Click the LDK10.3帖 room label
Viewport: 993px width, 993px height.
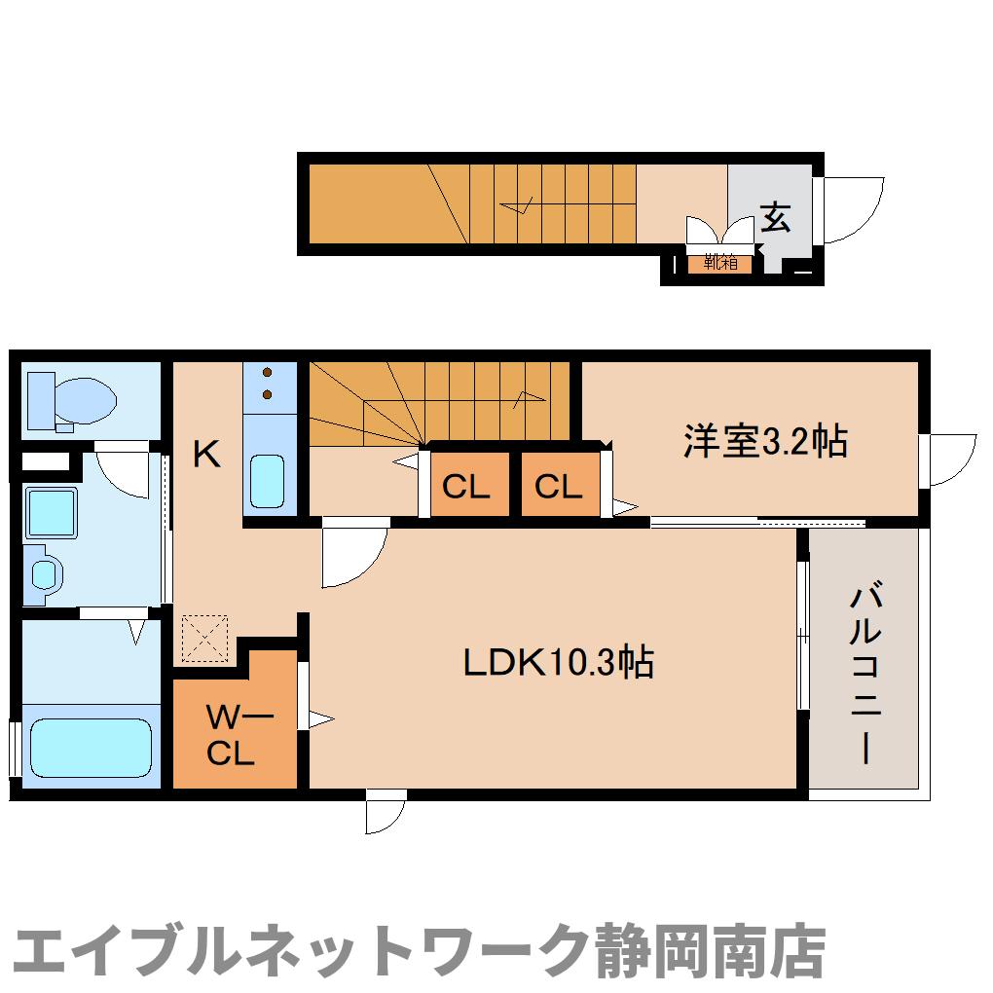[557, 663]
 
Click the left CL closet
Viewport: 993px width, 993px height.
[466, 485]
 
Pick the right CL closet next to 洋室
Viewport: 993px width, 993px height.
[558, 485]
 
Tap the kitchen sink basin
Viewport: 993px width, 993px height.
[268, 481]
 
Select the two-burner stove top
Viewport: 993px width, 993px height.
[269, 385]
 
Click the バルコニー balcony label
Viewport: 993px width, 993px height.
[866, 672]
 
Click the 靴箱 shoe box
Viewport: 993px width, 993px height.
[720, 262]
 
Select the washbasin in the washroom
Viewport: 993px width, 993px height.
[46, 572]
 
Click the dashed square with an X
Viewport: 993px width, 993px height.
[204, 637]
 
